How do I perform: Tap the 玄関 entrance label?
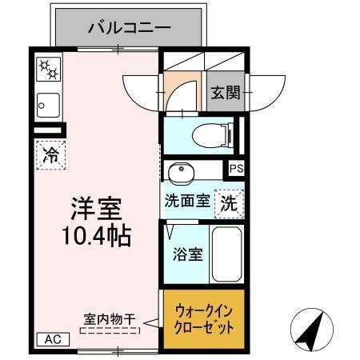pyautogui.click(x=226, y=93)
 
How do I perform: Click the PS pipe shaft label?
pyautogui.click(x=235, y=168)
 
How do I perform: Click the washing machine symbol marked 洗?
pyautogui.click(x=229, y=201)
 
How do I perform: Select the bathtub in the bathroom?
pyautogui.click(x=226, y=254)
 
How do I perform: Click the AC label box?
pyautogui.click(x=53, y=339)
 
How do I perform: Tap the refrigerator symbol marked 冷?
pyautogui.click(x=50, y=154)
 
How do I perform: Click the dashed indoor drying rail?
pyautogui.click(x=109, y=329)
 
